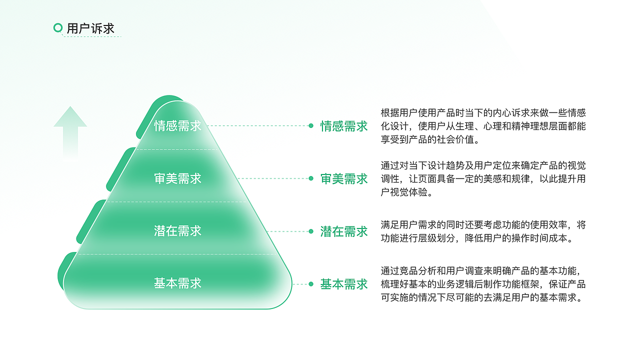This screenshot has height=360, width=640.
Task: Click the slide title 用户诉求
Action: click(90, 28)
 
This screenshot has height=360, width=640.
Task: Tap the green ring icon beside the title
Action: click(58, 28)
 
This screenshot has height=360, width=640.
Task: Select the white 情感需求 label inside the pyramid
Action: click(177, 125)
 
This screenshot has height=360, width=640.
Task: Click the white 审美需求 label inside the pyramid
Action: click(177, 178)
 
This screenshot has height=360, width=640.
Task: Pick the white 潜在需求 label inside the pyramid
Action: click(177, 230)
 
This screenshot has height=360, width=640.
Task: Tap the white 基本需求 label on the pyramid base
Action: click(177, 283)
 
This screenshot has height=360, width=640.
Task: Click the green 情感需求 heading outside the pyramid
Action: click(344, 126)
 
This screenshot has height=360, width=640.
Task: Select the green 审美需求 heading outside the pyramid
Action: click(344, 178)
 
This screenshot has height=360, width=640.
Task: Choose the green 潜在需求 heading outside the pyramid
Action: click(344, 231)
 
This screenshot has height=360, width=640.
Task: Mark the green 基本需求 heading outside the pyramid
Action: click(344, 284)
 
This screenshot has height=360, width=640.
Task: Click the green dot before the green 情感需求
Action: click(311, 126)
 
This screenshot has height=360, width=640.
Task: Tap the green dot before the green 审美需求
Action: click(311, 178)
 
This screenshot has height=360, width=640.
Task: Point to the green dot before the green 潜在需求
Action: click(311, 231)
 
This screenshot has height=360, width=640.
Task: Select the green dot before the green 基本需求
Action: click(311, 284)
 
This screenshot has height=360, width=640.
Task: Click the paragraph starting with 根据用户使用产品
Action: click(483, 126)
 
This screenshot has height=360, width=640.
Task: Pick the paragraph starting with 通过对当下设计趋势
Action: click(483, 178)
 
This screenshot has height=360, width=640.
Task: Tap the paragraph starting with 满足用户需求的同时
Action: click(483, 231)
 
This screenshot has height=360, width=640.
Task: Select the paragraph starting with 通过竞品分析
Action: click(483, 284)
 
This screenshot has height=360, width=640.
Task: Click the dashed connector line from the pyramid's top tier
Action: click(257, 126)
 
